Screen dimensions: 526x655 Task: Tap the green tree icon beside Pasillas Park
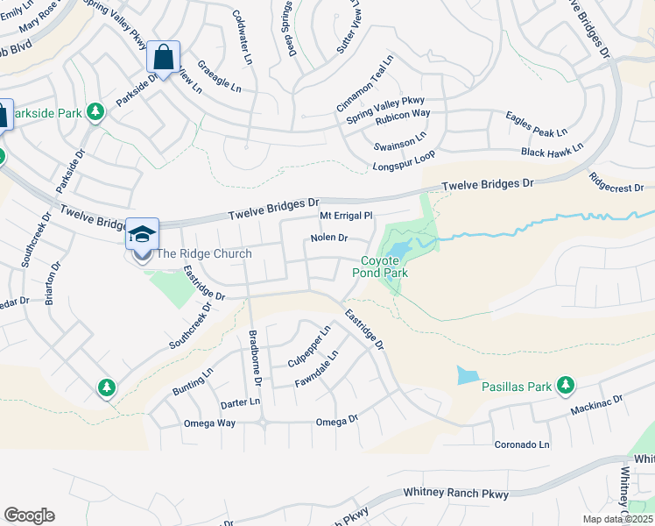point(566,384)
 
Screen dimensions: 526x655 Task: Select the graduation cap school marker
point(143,235)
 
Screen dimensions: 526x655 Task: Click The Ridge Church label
point(203,254)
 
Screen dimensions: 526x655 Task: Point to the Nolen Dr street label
point(329,238)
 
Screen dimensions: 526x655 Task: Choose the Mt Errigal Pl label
point(347,215)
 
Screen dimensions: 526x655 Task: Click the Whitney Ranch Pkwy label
point(455,495)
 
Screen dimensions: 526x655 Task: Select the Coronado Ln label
point(522,444)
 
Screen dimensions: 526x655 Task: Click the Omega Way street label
point(209,423)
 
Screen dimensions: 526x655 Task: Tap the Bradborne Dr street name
point(255,357)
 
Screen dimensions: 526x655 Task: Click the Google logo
point(29,515)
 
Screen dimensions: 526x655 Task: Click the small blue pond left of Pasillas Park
point(468,375)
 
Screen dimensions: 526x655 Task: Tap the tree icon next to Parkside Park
point(95,112)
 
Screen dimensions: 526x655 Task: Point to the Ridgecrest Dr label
point(616,182)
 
